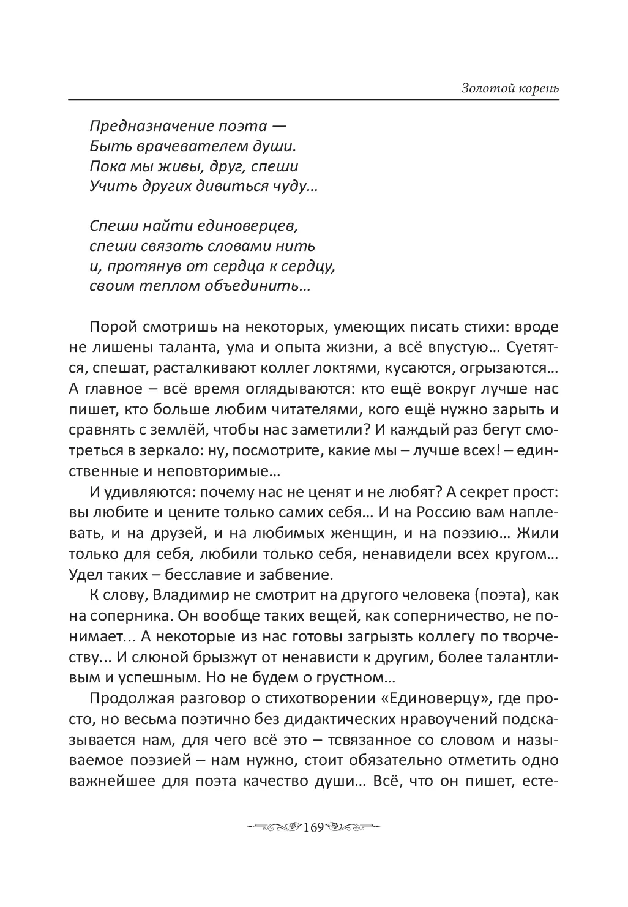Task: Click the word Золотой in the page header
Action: click(x=484, y=88)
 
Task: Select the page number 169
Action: click(x=313, y=827)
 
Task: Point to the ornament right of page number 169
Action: click(x=352, y=827)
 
